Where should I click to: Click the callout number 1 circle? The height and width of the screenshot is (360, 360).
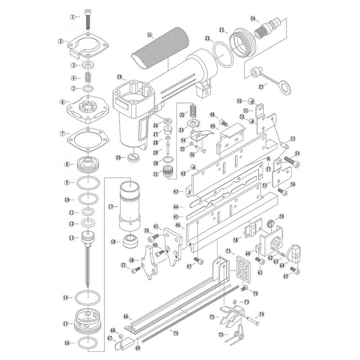click(73, 17)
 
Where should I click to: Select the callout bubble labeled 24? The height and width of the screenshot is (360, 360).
click(253, 18)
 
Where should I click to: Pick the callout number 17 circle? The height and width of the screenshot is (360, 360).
click(111, 207)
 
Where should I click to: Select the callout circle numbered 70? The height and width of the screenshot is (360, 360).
click(176, 333)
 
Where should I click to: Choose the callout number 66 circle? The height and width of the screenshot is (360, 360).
click(126, 316)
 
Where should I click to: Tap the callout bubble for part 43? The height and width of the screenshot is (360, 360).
click(176, 192)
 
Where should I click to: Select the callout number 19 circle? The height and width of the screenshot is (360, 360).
click(119, 77)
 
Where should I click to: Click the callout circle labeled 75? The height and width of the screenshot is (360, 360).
click(228, 251)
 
